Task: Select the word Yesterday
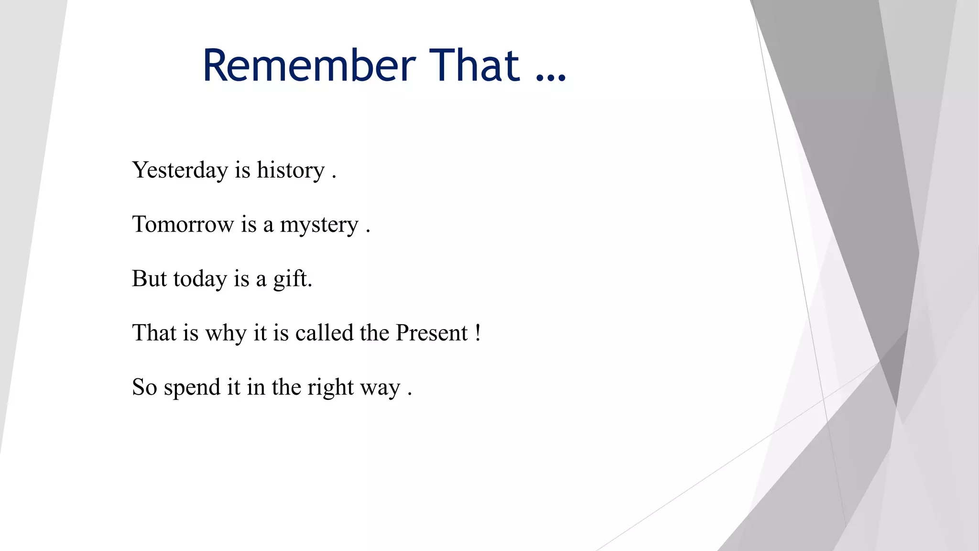(180, 170)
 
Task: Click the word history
(291, 170)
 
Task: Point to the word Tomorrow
(183, 224)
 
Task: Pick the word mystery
(319, 225)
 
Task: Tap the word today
(200, 279)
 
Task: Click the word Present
(432, 333)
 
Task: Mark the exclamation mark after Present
(478, 333)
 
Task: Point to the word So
(144, 387)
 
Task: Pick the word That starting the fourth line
(154, 333)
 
